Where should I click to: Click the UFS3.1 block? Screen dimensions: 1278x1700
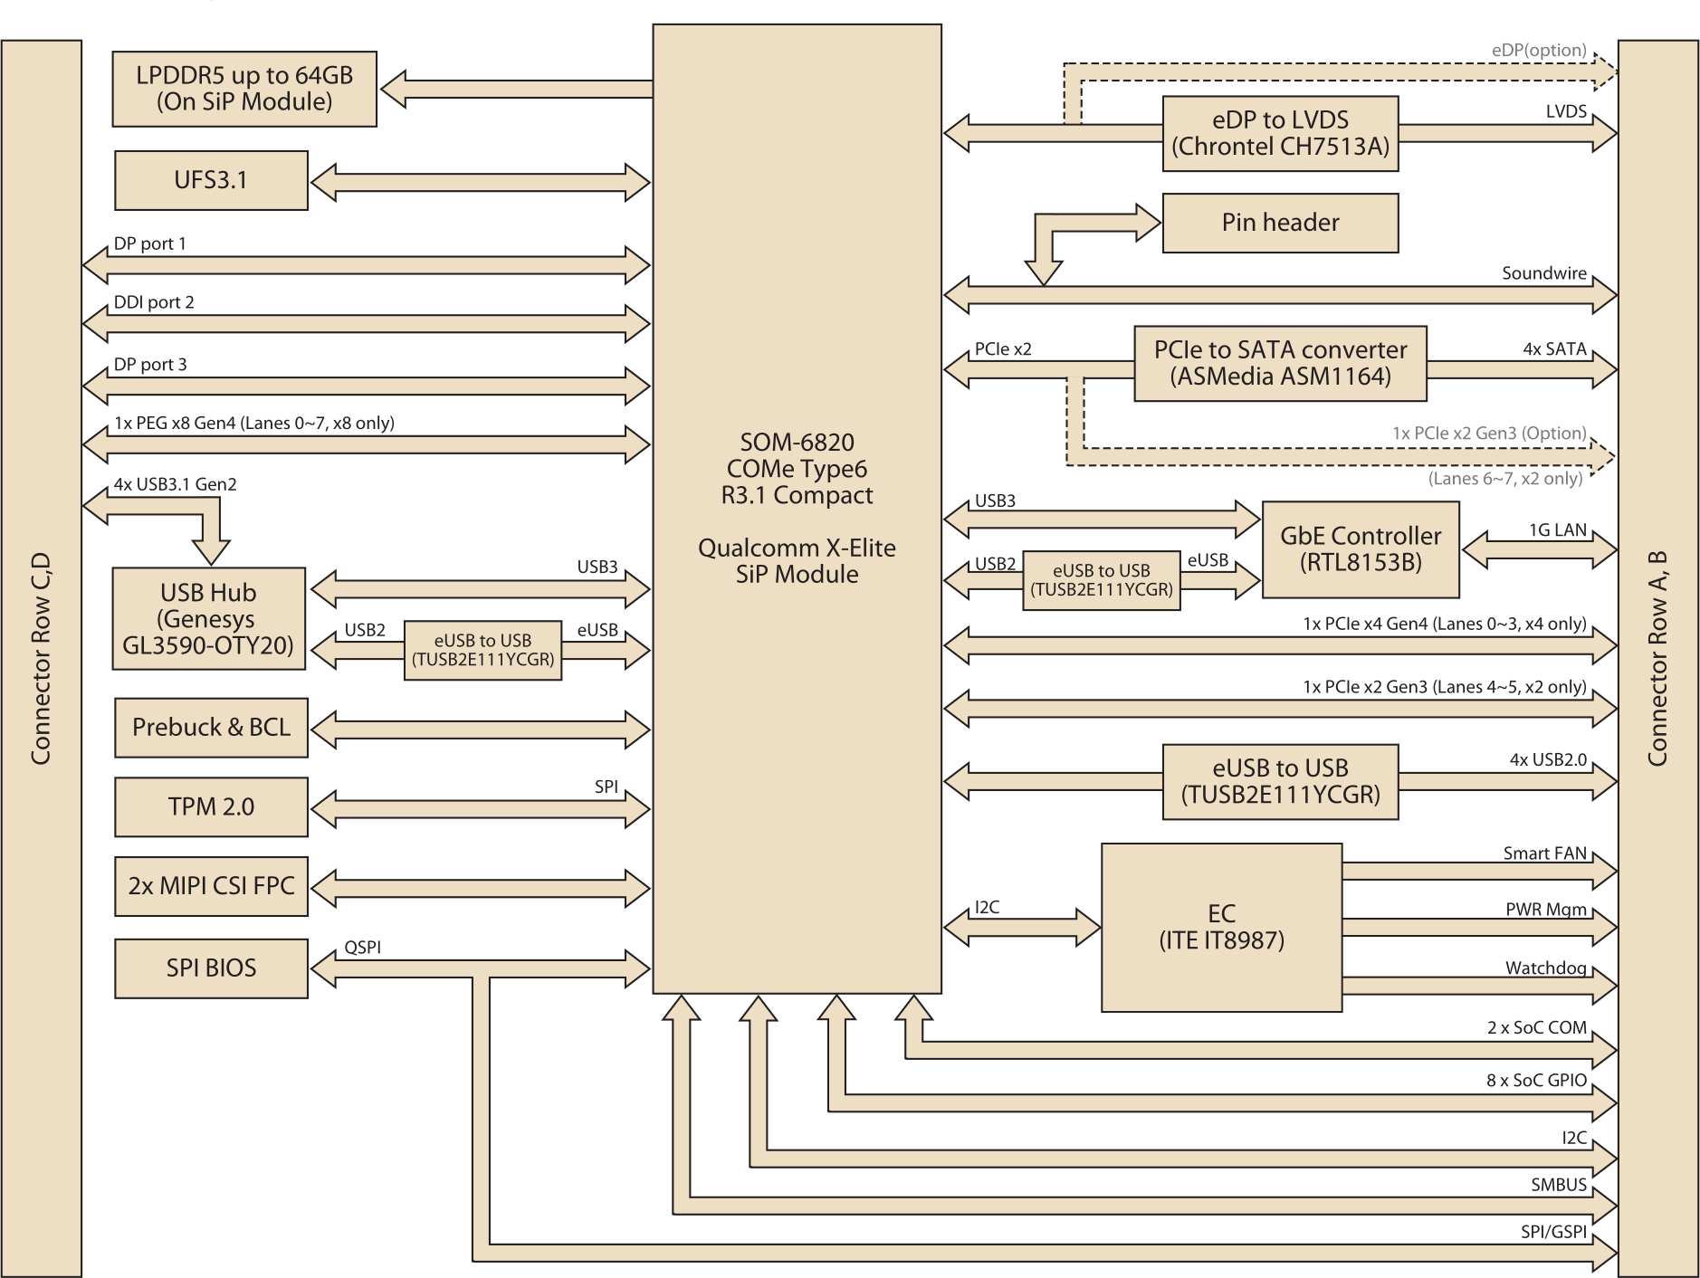pos(211,180)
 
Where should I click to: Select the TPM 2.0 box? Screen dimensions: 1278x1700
pos(211,806)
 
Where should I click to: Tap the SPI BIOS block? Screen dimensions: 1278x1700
pos(211,968)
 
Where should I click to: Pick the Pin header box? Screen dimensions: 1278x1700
pos(1280,223)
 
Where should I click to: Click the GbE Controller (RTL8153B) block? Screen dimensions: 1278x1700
pos(1360,549)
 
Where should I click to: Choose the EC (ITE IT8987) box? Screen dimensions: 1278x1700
pos(1221,927)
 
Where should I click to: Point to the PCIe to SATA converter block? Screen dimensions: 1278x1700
pos(1280,363)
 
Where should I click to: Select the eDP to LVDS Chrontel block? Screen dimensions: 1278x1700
pos(1280,133)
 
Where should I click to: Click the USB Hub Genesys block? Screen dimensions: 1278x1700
pos(208,619)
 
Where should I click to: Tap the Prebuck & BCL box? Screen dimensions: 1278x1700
pos(211,727)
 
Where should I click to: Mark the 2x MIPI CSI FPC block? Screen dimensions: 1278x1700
pos(211,886)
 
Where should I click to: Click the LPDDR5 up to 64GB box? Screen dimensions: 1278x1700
pos(244,89)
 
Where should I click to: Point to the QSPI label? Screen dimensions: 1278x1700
pos(362,948)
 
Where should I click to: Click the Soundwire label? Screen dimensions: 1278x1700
pos(1543,273)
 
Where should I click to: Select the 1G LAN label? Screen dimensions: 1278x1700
pos(1557,530)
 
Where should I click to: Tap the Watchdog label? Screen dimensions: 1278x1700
pos(1545,968)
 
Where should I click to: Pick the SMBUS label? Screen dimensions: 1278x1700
pos(1558,1185)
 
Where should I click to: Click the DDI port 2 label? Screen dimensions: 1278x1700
pos(154,302)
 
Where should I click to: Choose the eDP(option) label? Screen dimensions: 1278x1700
pos(1538,51)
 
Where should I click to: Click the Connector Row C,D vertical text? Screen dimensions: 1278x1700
pos(41,658)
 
